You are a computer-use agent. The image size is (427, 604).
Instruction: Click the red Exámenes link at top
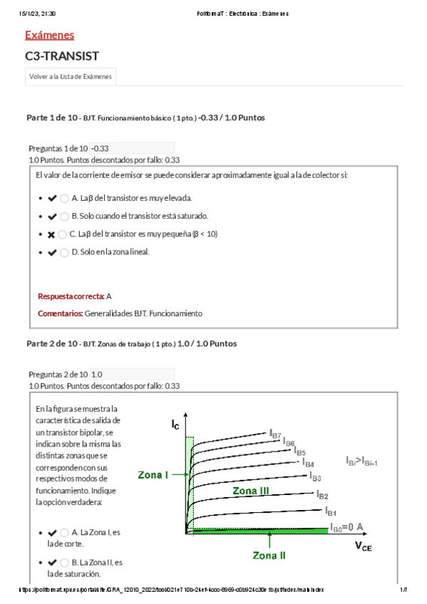click(x=49, y=35)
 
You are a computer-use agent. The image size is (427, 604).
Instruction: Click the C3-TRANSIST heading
click(x=61, y=56)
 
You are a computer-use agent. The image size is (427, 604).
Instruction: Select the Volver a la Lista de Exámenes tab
click(x=70, y=77)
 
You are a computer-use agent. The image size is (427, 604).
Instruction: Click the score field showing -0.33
click(x=132, y=148)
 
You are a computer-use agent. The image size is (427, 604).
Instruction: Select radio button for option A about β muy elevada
click(x=65, y=198)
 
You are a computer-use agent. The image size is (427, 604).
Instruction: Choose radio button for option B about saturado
click(x=65, y=216)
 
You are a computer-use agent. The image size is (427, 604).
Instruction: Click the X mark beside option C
click(x=51, y=234)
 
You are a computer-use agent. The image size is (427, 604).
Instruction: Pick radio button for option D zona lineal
click(x=65, y=252)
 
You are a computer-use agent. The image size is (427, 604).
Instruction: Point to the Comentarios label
click(x=60, y=313)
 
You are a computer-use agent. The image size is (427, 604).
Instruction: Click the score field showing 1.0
click(x=132, y=374)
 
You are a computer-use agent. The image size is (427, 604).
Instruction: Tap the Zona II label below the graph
click(x=269, y=555)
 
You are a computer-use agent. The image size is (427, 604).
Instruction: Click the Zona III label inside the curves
click(x=251, y=491)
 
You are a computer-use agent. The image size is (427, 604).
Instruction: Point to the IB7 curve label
click(x=275, y=433)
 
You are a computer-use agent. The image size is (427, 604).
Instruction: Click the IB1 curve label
click(x=330, y=511)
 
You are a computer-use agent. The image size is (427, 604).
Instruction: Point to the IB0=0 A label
click(x=348, y=527)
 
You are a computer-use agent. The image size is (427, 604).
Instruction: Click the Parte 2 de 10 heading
click(x=53, y=343)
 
